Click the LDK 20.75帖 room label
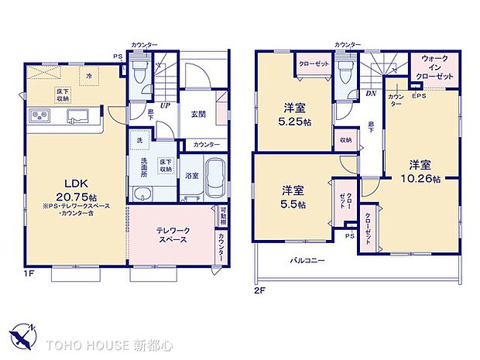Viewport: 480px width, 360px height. (x=76, y=188)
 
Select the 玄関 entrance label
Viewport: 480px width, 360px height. (x=197, y=114)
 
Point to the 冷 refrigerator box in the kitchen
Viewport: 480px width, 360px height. (x=89, y=76)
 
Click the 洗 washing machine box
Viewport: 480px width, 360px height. (x=139, y=141)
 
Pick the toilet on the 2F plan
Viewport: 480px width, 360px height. (x=346, y=74)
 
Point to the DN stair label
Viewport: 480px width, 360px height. (x=372, y=94)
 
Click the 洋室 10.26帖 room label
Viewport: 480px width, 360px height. (x=424, y=172)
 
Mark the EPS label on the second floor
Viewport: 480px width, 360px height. (x=419, y=96)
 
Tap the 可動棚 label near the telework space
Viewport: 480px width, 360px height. (x=223, y=214)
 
